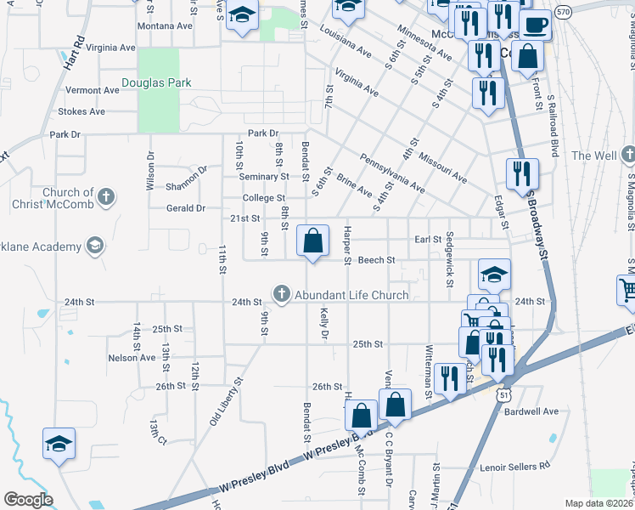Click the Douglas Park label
point(156,83)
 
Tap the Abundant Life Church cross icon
point(282,294)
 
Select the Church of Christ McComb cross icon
point(105,198)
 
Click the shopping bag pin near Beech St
point(313,241)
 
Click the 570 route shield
point(562,13)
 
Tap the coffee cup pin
point(535,25)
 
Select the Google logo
point(28,499)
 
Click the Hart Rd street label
point(75,53)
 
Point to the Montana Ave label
point(165,26)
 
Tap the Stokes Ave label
point(81,111)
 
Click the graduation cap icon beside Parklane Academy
point(95,246)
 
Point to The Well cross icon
point(627,156)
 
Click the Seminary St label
point(263,177)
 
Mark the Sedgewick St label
point(450,247)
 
